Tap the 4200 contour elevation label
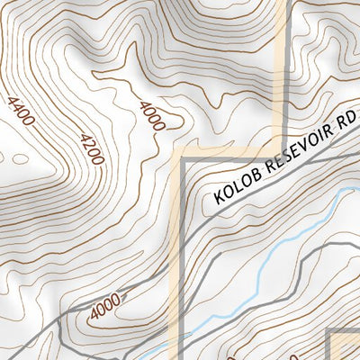[x=92, y=148]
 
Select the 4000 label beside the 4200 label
[x=151, y=116]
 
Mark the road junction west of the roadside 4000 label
[x=61, y=319]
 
